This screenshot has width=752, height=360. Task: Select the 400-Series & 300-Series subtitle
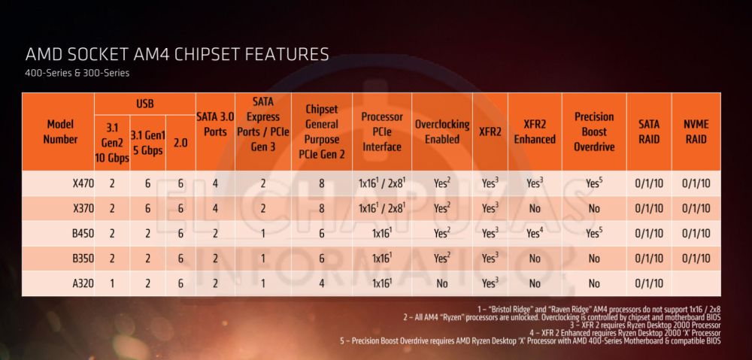77,73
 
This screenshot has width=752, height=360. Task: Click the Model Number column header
60,132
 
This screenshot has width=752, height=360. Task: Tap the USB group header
145,103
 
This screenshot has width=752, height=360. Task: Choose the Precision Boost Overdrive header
593,132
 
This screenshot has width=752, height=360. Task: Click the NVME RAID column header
695,132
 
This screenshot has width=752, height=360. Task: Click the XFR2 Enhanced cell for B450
535,233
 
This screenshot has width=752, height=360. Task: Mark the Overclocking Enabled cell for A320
442,283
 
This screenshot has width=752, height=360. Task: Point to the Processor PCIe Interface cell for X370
382,207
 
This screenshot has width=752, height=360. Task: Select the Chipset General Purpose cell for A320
321,283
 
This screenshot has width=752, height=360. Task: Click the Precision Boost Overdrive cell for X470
594,183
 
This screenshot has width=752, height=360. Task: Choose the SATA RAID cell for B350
649,258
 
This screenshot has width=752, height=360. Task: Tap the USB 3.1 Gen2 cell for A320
112,283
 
